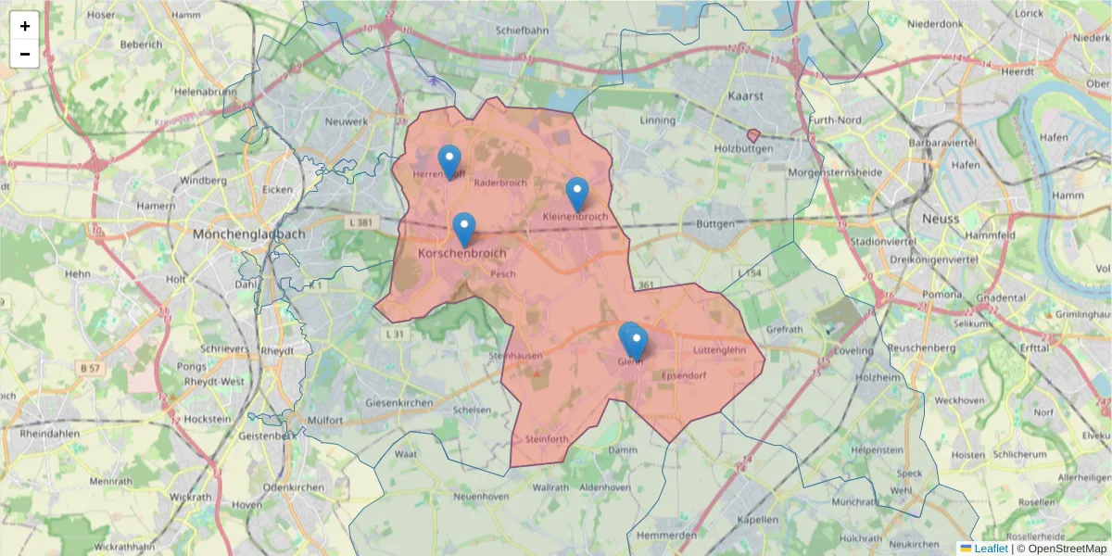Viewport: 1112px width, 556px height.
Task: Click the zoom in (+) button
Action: (25, 26)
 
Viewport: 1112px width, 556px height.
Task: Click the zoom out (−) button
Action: (25, 54)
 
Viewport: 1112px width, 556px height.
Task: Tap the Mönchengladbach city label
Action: (248, 234)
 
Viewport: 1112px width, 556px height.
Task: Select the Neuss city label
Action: (941, 219)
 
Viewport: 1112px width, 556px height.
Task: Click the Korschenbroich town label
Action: (462, 253)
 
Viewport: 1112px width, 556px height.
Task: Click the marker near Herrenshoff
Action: (449, 162)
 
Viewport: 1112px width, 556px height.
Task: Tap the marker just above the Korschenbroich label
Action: (464, 230)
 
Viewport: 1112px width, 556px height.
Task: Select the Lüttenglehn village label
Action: (719, 350)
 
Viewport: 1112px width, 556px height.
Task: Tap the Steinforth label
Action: (545, 438)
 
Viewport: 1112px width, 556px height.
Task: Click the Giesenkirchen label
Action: (399, 403)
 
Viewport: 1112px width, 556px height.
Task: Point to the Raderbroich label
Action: (499, 183)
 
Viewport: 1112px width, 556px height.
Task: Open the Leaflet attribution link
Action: (991, 549)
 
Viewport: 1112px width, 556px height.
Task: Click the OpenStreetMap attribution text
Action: (1068, 549)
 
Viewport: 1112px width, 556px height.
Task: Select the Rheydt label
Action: (277, 351)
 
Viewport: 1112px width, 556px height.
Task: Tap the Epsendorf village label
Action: (685, 375)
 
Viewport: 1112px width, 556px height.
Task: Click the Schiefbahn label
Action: (522, 31)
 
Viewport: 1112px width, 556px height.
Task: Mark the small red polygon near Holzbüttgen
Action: (753, 135)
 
